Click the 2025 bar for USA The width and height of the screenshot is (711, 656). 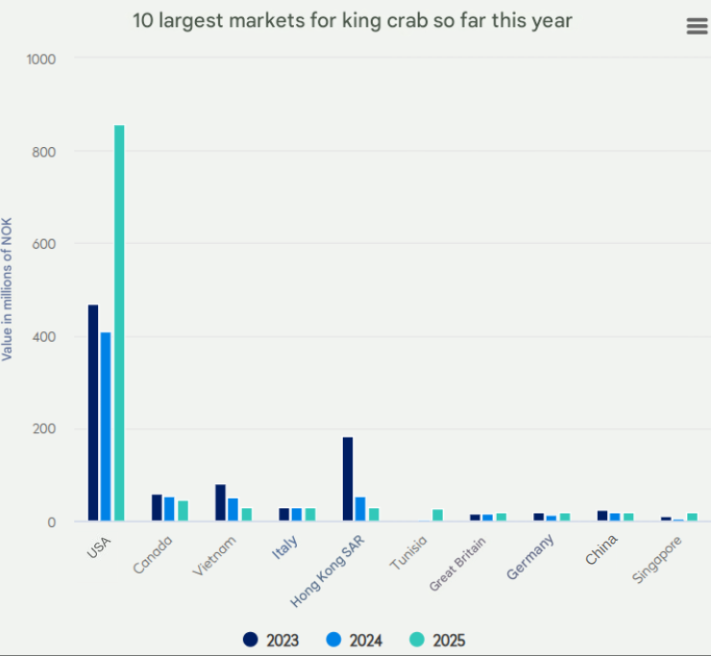pos(119,324)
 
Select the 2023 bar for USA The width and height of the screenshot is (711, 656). pos(93,413)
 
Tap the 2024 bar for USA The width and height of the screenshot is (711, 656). pos(106,427)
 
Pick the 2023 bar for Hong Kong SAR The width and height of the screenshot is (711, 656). pos(348,479)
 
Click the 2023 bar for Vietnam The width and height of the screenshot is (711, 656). pos(220,502)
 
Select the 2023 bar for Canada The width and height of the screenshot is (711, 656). pos(157,507)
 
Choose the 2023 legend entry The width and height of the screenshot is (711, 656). pos(272,640)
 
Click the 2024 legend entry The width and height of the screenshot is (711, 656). pos(355,640)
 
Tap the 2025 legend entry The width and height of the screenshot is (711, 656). pos(439,640)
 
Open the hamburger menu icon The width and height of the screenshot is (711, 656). pos(698,26)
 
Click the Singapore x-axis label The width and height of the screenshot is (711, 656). pos(658,559)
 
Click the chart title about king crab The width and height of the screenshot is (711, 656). pos(353,20)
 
